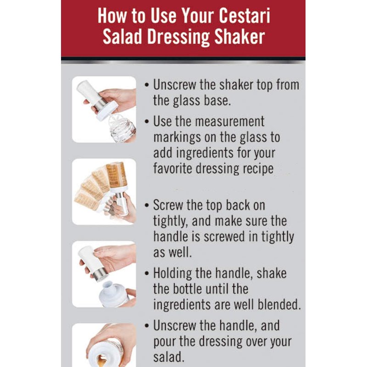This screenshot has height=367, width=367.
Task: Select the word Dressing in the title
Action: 178,38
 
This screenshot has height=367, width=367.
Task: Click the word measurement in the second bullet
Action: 230,122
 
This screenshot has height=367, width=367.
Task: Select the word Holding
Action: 172,273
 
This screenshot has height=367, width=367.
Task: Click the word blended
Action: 279,305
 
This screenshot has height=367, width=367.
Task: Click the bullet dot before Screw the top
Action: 147,206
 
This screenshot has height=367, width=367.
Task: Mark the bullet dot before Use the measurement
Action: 147,122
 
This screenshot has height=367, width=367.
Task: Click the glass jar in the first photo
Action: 122,127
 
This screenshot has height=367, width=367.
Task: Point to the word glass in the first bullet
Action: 187,101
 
